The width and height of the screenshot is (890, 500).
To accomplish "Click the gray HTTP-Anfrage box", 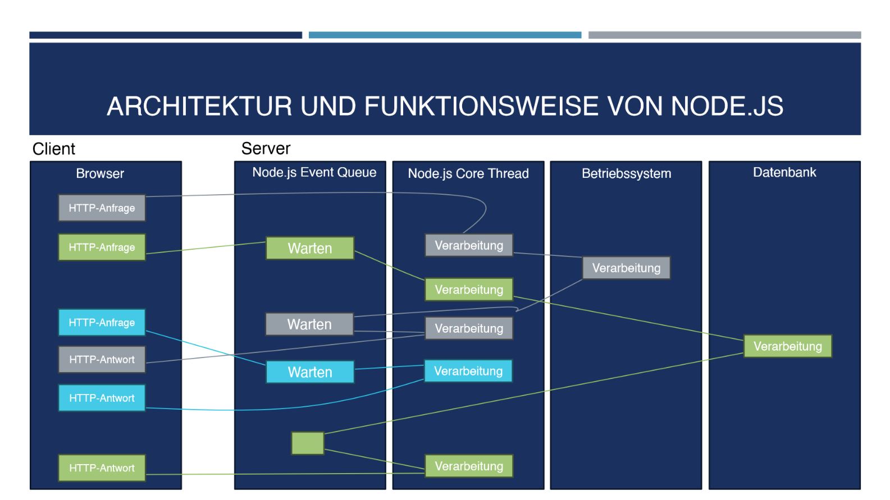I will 102,208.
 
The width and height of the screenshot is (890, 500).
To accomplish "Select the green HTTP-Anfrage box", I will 102,247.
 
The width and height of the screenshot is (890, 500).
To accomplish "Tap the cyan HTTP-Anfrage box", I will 102,322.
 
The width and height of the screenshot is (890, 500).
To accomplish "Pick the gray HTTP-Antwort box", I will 102,359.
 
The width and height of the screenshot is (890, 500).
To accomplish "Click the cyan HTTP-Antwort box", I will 102,398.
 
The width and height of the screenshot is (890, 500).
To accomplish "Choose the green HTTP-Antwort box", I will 102,468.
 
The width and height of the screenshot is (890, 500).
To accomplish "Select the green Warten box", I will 309,248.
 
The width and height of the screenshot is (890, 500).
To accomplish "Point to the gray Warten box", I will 309,324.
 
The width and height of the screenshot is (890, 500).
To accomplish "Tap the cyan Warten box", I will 309,372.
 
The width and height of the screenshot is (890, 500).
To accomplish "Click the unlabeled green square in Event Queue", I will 308,443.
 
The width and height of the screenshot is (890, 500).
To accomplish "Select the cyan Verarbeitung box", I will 468,371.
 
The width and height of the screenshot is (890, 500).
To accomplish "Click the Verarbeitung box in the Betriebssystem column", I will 626,268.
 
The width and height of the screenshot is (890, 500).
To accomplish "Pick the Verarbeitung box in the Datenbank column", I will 787,346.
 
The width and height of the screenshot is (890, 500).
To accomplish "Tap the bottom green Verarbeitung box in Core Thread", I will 468,466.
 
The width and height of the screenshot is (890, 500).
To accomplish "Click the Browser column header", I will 100,173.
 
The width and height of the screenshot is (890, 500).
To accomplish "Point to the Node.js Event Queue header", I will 314,172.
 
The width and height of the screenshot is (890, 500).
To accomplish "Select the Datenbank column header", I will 784,172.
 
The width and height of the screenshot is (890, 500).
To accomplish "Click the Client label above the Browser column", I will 54,149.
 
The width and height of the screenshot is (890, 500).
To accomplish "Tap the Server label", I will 266,149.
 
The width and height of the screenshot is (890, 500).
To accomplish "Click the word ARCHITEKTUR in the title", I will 200,106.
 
